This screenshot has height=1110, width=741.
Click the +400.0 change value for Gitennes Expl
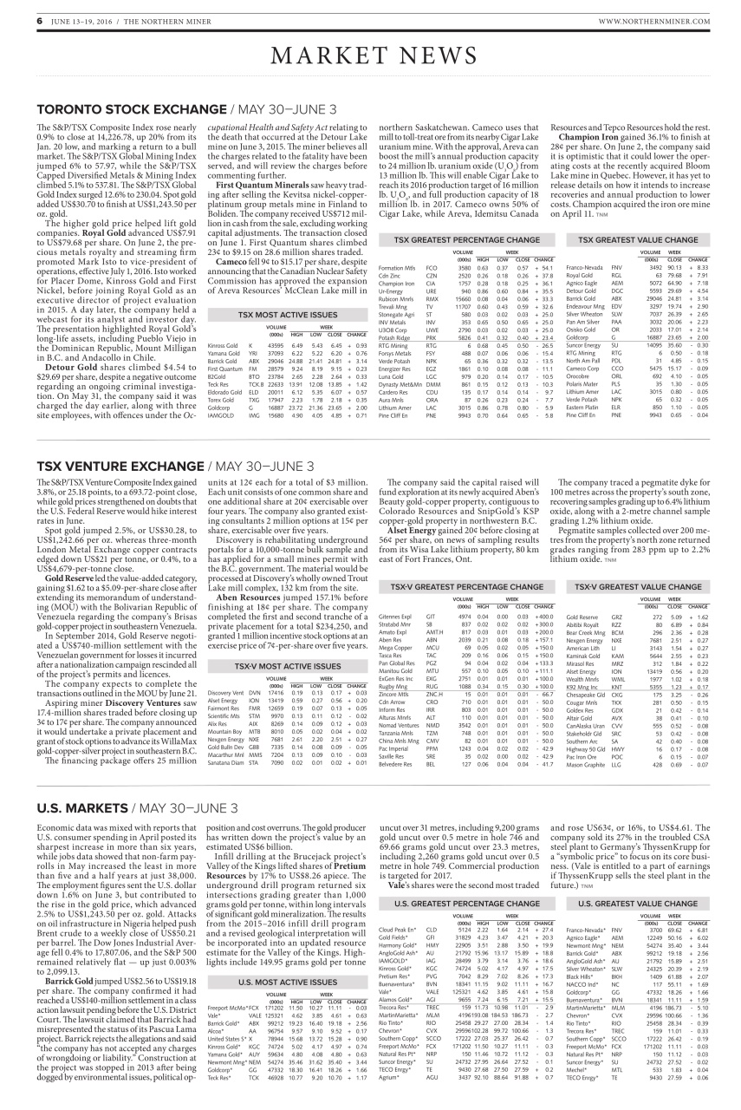click(543, 592)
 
